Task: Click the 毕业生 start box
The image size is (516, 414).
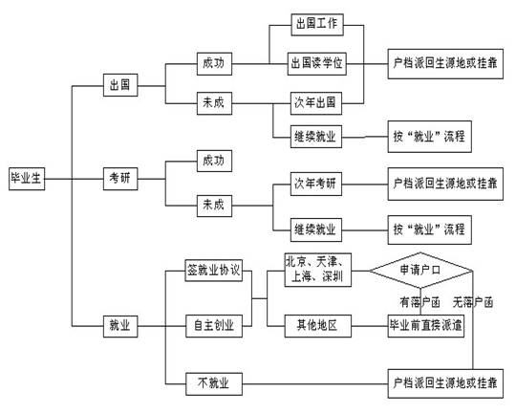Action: [x=24, y=177]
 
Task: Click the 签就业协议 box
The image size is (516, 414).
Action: [x=215, y=272]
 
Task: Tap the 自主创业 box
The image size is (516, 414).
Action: [x=215, y=326]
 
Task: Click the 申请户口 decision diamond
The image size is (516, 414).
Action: [x=420, y=271]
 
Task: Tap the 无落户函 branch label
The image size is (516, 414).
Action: [x=475, y=302]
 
